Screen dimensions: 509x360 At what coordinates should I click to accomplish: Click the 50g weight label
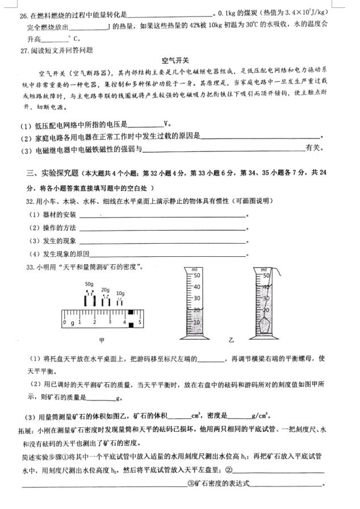coord(89,283)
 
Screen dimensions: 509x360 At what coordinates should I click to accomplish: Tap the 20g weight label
coord(106,290)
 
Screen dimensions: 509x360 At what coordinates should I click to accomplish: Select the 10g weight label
coord(120,293)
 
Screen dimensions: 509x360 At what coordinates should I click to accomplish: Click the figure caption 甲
coord(102,340)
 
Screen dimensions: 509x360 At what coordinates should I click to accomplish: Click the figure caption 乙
coord(231,340)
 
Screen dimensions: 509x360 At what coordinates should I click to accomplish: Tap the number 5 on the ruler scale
coord(139,323)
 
